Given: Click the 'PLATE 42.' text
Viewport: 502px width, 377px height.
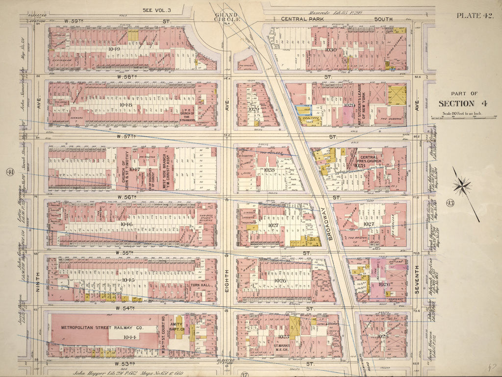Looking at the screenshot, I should pos(474,16).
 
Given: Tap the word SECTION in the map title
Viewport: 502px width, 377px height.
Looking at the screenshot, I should pos(456,103).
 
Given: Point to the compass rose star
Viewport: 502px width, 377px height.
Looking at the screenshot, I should pos(462,186).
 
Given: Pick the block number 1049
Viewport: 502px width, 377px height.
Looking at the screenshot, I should pos(114,49).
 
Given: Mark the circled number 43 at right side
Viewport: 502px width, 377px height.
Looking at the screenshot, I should pos(450,203).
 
